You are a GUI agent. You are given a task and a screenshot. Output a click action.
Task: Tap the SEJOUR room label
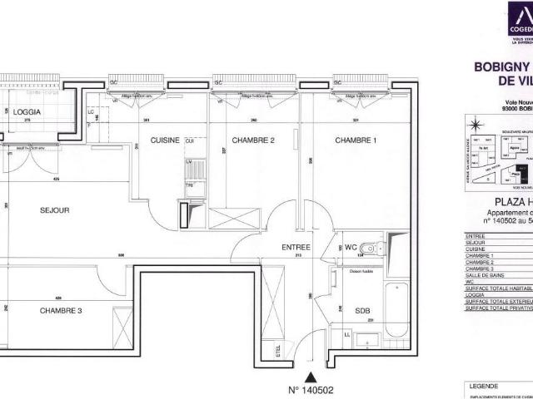pyautogui.click(x=54, y=210)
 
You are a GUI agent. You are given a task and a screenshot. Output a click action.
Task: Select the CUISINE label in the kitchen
pyautogui.click(x=165, y=140)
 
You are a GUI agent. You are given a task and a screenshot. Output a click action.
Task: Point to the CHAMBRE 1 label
pyautogui.click(x=356, y=140)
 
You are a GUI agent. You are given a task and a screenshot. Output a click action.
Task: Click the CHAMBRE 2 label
pyautogui.click(x=253, y=140)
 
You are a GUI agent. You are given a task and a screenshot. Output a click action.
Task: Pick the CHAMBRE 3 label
pyautogui.click(x=62, y=310)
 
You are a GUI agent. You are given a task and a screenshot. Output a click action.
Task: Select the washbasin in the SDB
pyautogui.click(x=366, y=338)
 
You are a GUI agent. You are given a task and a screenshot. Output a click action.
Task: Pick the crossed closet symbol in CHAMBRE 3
pyautogui.click(x=123, y=321)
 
